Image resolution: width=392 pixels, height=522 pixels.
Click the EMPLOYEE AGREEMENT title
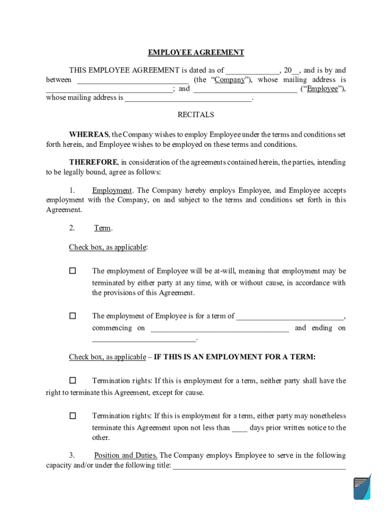(x=196, y=53)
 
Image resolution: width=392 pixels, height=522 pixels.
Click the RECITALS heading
(x=195, y=115)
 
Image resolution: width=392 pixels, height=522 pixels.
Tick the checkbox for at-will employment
(x=73, y=271)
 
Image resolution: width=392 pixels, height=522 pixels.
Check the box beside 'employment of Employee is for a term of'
(x=73, y=316)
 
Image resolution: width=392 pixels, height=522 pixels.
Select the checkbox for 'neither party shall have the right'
(x=73, y=380)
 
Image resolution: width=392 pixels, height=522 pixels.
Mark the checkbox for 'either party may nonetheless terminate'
(x=73, y=415)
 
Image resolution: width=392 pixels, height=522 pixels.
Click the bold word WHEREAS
(x=89, y=135)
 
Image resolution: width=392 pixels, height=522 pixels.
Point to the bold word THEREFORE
(x=94, y=162)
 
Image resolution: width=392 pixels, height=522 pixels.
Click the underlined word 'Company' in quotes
(x=229, y=80)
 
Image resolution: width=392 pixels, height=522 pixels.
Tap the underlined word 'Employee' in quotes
(x=322, y=89)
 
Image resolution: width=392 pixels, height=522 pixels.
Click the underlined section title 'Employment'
(x=112, y=191)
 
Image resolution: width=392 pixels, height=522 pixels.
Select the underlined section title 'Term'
(x=102, y=228)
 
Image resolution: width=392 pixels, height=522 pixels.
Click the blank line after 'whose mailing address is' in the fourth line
(x=188, y=98)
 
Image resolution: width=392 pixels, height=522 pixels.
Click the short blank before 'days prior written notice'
(x=239, y=429)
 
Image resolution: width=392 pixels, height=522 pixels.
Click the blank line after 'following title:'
(x=259, y=466)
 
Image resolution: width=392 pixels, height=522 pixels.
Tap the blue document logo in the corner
(x=362, y=488)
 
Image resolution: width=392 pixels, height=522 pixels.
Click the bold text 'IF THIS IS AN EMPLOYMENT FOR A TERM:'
(x=235, y=357)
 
